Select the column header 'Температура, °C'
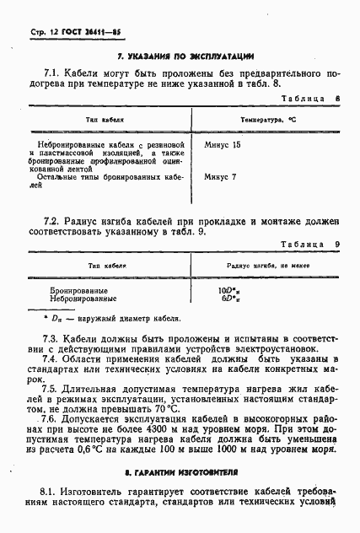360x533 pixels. click(x=268, y=121)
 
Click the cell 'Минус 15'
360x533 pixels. click(x=223, y=145)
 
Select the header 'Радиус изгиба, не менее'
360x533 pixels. click(x=269, y=264)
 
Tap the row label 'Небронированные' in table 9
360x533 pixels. click(x=83, y=299)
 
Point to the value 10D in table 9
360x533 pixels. click(x=229, y=289)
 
